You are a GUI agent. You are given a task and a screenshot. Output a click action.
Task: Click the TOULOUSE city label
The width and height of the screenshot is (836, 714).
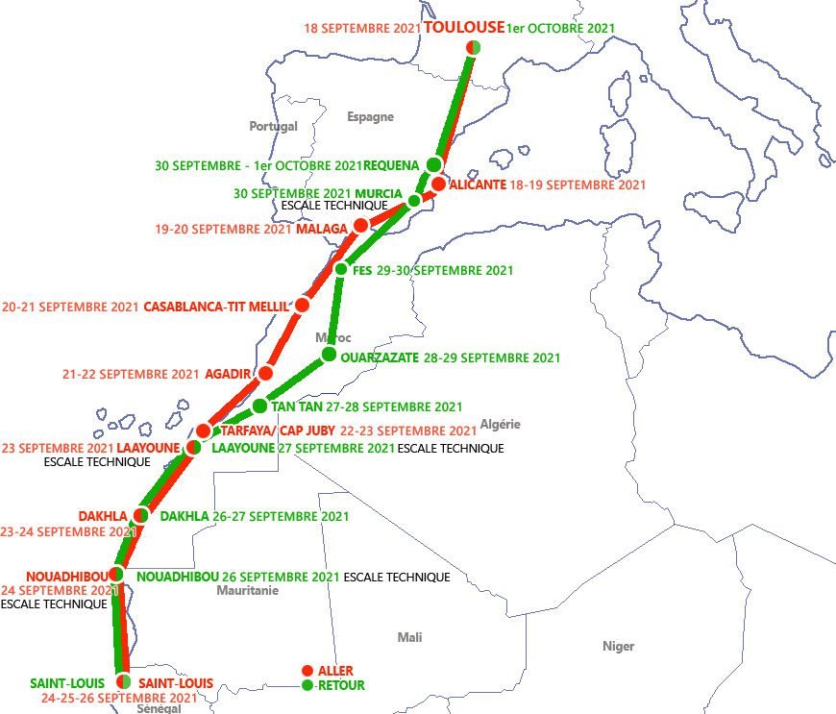pos(464,28)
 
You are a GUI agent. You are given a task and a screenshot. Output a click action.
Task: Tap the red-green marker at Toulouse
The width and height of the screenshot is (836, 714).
pos(473,48)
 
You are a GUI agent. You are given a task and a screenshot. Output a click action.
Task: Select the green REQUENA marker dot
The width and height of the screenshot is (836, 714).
pos(434,164)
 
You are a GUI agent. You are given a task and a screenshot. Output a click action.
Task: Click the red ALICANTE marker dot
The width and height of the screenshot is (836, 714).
pos(439,184)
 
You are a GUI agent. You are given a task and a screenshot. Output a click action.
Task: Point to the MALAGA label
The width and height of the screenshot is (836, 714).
pos(321,229)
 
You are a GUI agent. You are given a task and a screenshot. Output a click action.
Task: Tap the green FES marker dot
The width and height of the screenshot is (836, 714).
pos(340,269)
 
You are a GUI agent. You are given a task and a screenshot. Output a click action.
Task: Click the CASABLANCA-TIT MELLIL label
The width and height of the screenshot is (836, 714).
pos(215,308)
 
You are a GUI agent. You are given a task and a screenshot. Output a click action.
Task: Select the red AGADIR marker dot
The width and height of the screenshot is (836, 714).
pos(266,373)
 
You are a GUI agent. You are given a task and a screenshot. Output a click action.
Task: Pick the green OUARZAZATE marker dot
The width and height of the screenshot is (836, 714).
pos(329,355)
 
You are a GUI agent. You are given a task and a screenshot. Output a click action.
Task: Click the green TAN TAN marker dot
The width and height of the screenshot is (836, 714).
pos(259,406)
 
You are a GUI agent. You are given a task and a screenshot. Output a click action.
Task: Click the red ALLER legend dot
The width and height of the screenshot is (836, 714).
pos(307,671)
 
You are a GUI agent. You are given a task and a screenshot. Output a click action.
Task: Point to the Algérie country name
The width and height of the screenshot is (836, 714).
pos(500,424)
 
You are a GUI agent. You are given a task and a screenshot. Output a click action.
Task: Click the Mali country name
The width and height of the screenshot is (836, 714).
pos(409,637)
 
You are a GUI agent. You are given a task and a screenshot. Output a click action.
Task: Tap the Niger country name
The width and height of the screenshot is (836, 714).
pos(618,646)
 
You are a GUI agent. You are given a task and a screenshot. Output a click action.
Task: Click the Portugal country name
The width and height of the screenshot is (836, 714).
pos(273,126)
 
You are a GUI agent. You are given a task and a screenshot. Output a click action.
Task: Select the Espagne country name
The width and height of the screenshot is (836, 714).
pos(370,116)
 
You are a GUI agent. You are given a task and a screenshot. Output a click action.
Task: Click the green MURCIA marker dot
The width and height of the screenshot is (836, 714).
pos(414,201)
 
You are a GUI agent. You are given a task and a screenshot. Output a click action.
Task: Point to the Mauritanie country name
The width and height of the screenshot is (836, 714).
pos(247,590)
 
